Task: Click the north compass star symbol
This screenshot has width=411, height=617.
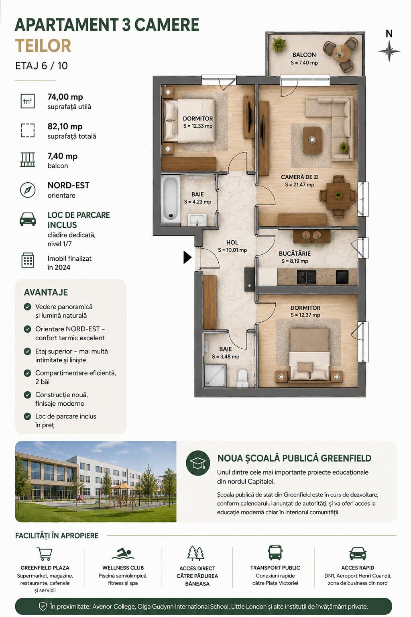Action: [389, 51]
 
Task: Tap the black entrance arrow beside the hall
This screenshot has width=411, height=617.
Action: [187, 257]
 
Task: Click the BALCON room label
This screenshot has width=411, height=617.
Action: [304, 55]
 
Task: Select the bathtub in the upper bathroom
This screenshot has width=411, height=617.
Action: [171, 198]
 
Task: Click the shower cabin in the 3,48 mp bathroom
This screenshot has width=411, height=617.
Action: [215, 375]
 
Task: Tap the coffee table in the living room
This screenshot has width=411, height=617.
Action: [312, 140]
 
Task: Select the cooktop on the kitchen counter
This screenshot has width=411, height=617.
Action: [306, 277]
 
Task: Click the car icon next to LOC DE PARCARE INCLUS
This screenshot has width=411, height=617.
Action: [28, 219]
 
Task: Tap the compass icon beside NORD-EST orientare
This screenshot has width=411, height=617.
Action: [28, 190]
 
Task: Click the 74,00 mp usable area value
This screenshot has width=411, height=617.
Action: [65, 97]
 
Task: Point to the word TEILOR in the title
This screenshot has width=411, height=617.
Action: [43, 46]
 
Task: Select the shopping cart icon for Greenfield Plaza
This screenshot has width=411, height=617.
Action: [45, 554]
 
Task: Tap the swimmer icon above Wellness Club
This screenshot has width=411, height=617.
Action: [123, 553]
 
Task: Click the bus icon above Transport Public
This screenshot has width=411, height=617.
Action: [275, 553]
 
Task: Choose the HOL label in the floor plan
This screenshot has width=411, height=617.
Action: [232, 242]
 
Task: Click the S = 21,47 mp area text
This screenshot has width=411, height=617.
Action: [299, 185]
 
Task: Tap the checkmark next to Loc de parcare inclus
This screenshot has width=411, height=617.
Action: [28, 416]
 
